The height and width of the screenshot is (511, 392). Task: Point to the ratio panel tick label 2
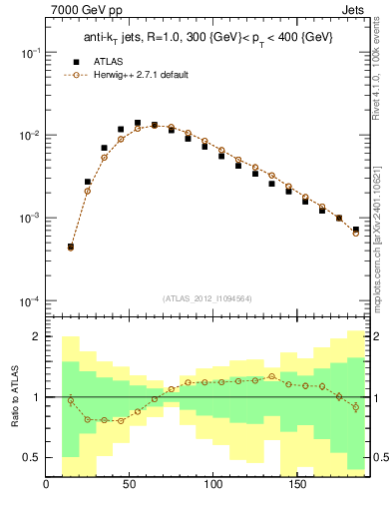pos(35,336)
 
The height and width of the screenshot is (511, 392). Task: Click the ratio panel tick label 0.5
pos(31,457)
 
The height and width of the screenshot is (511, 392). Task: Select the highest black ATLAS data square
pos(138,123)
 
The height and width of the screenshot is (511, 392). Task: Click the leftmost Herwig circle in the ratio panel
pos(70,400)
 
